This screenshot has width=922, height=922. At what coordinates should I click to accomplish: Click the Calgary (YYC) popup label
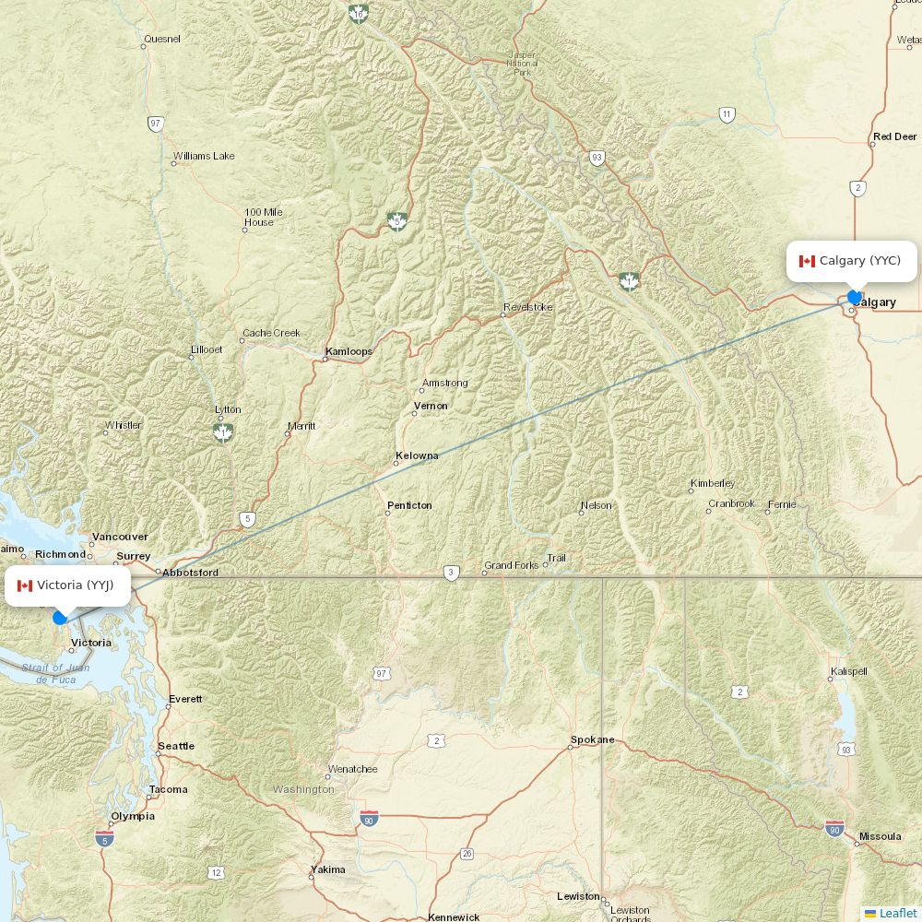(851, 261)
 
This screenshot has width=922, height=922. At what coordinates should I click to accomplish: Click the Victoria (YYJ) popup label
(67, 585)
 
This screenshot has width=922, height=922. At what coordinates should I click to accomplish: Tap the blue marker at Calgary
(855, 297)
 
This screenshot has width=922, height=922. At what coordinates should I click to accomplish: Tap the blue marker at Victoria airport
(60, 618)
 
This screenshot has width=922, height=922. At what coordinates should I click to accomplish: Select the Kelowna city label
(417, 455)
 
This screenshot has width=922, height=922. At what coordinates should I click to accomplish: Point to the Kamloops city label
(349, 351)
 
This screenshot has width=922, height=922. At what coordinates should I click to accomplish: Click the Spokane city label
(592, 739)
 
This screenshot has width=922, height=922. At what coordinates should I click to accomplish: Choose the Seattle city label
(176, 746)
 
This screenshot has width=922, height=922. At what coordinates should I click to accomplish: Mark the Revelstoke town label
(527, 307)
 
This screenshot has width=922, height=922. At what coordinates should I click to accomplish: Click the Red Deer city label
(894, 136)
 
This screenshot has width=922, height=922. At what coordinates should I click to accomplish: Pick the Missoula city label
(880, 836)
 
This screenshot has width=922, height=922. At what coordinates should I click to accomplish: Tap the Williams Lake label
(204, 156)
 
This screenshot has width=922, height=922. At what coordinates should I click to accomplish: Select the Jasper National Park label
(522, 64)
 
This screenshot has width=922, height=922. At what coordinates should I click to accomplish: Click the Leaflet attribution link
(897, 913)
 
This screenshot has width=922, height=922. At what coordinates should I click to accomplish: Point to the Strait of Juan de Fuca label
(55, 673)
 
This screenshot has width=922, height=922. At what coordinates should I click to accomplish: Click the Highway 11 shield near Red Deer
(727, 115)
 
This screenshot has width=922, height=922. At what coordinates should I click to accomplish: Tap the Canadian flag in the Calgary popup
(807, 261)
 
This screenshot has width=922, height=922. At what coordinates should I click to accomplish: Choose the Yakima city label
(328, 869)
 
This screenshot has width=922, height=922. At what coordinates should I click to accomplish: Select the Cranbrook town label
(731, 503)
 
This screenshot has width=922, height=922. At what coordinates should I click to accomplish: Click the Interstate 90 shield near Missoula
(834, 828)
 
